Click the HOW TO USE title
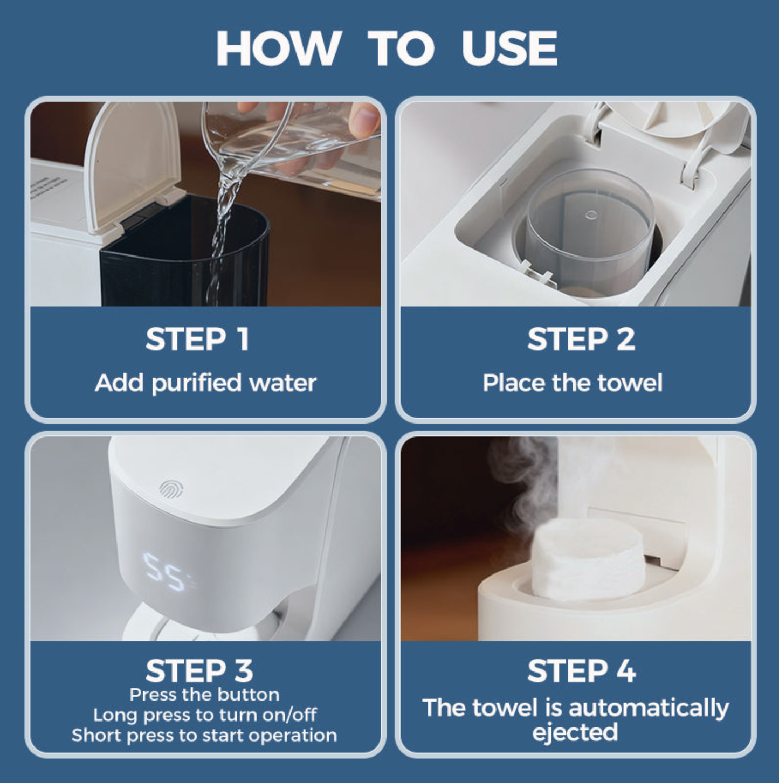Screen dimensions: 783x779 coord(387,49)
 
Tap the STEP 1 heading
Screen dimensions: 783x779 coord(197,339)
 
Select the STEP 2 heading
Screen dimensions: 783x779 coord(581,339)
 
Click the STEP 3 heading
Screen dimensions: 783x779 coord(199,671)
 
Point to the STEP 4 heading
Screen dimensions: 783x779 coord(581,671)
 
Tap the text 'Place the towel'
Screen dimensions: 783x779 coord(572,383)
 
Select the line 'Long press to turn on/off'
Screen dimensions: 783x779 coord(205,715)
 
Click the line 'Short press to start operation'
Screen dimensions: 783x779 coord(204,736)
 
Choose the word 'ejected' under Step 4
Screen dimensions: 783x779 coord(575,732)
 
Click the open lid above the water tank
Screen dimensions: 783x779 coord(132,162)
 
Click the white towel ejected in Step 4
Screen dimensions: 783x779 coord(588,560)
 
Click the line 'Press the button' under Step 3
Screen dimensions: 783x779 coord(204,695)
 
